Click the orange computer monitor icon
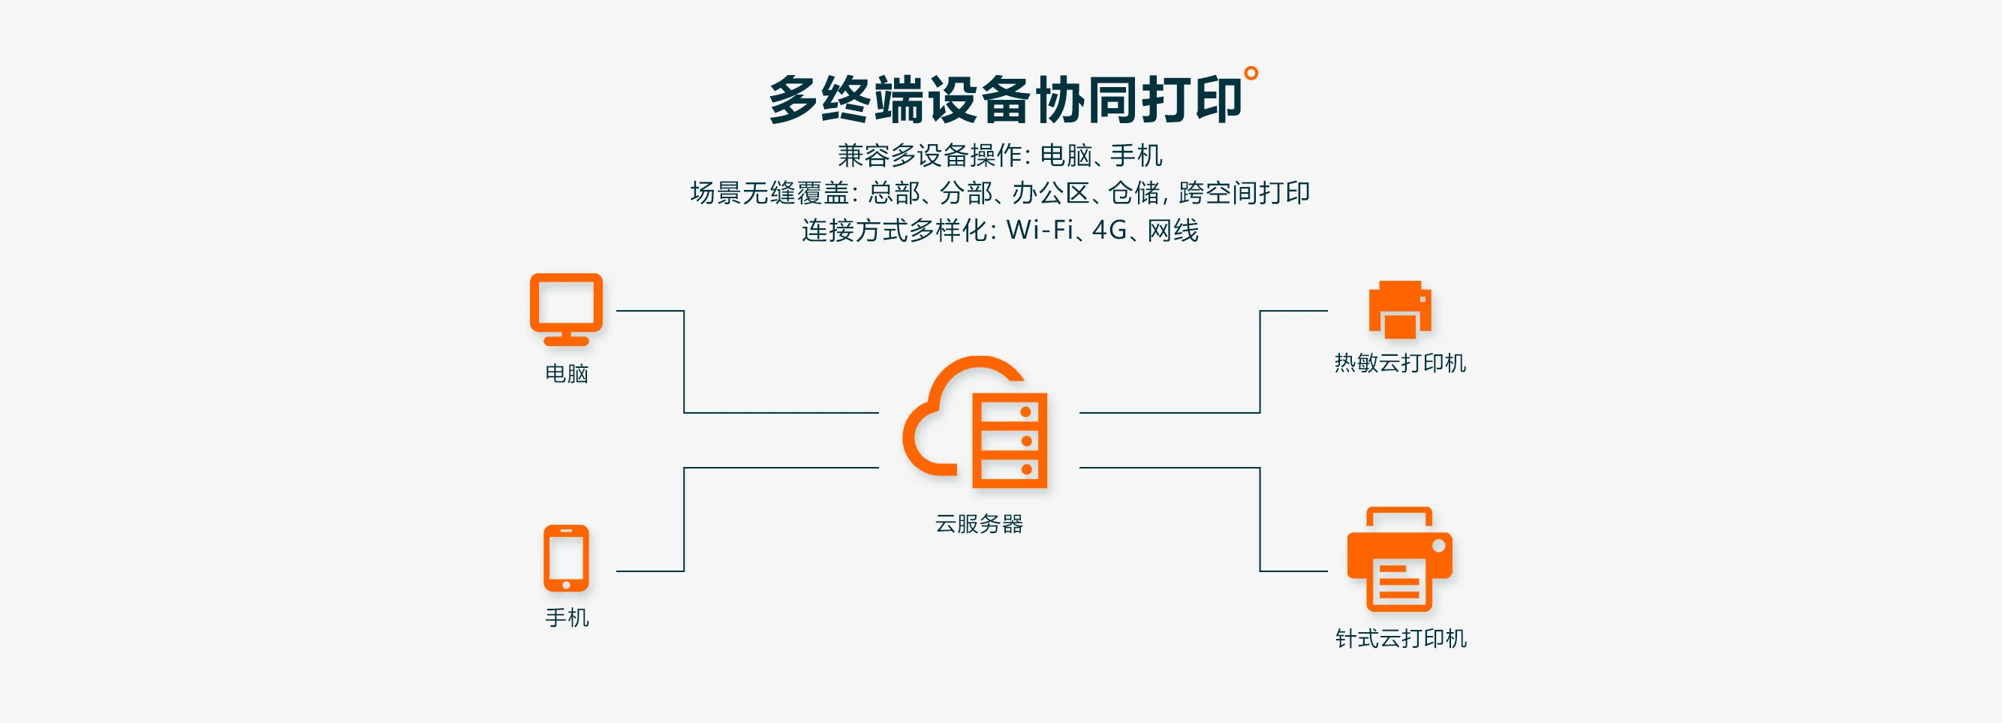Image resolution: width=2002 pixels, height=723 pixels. [x=566, y=308]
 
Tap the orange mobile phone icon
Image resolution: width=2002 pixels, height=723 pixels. [x=566, y=558]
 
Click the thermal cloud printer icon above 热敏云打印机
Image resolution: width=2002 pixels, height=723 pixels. [x=1400, y=309]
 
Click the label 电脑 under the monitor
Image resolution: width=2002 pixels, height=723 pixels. [x=567, y=374]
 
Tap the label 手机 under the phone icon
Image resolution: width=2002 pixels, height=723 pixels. [x=567, y=618]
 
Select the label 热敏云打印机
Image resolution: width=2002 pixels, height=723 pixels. [x=1400, y=363]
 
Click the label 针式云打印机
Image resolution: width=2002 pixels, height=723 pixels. [x=1401, y=638]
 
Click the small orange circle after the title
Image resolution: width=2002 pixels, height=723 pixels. [x=1251, y=73]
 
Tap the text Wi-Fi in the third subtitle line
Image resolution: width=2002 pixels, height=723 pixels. [x=1040, y=230]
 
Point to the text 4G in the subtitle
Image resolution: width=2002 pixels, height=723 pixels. [x=1109, y=230]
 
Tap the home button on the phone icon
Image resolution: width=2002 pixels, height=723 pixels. [x=566, y=586]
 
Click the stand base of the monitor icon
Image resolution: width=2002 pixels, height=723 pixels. [x=566, y=342]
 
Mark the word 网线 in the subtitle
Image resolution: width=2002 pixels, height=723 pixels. [x=1173, y=230]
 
